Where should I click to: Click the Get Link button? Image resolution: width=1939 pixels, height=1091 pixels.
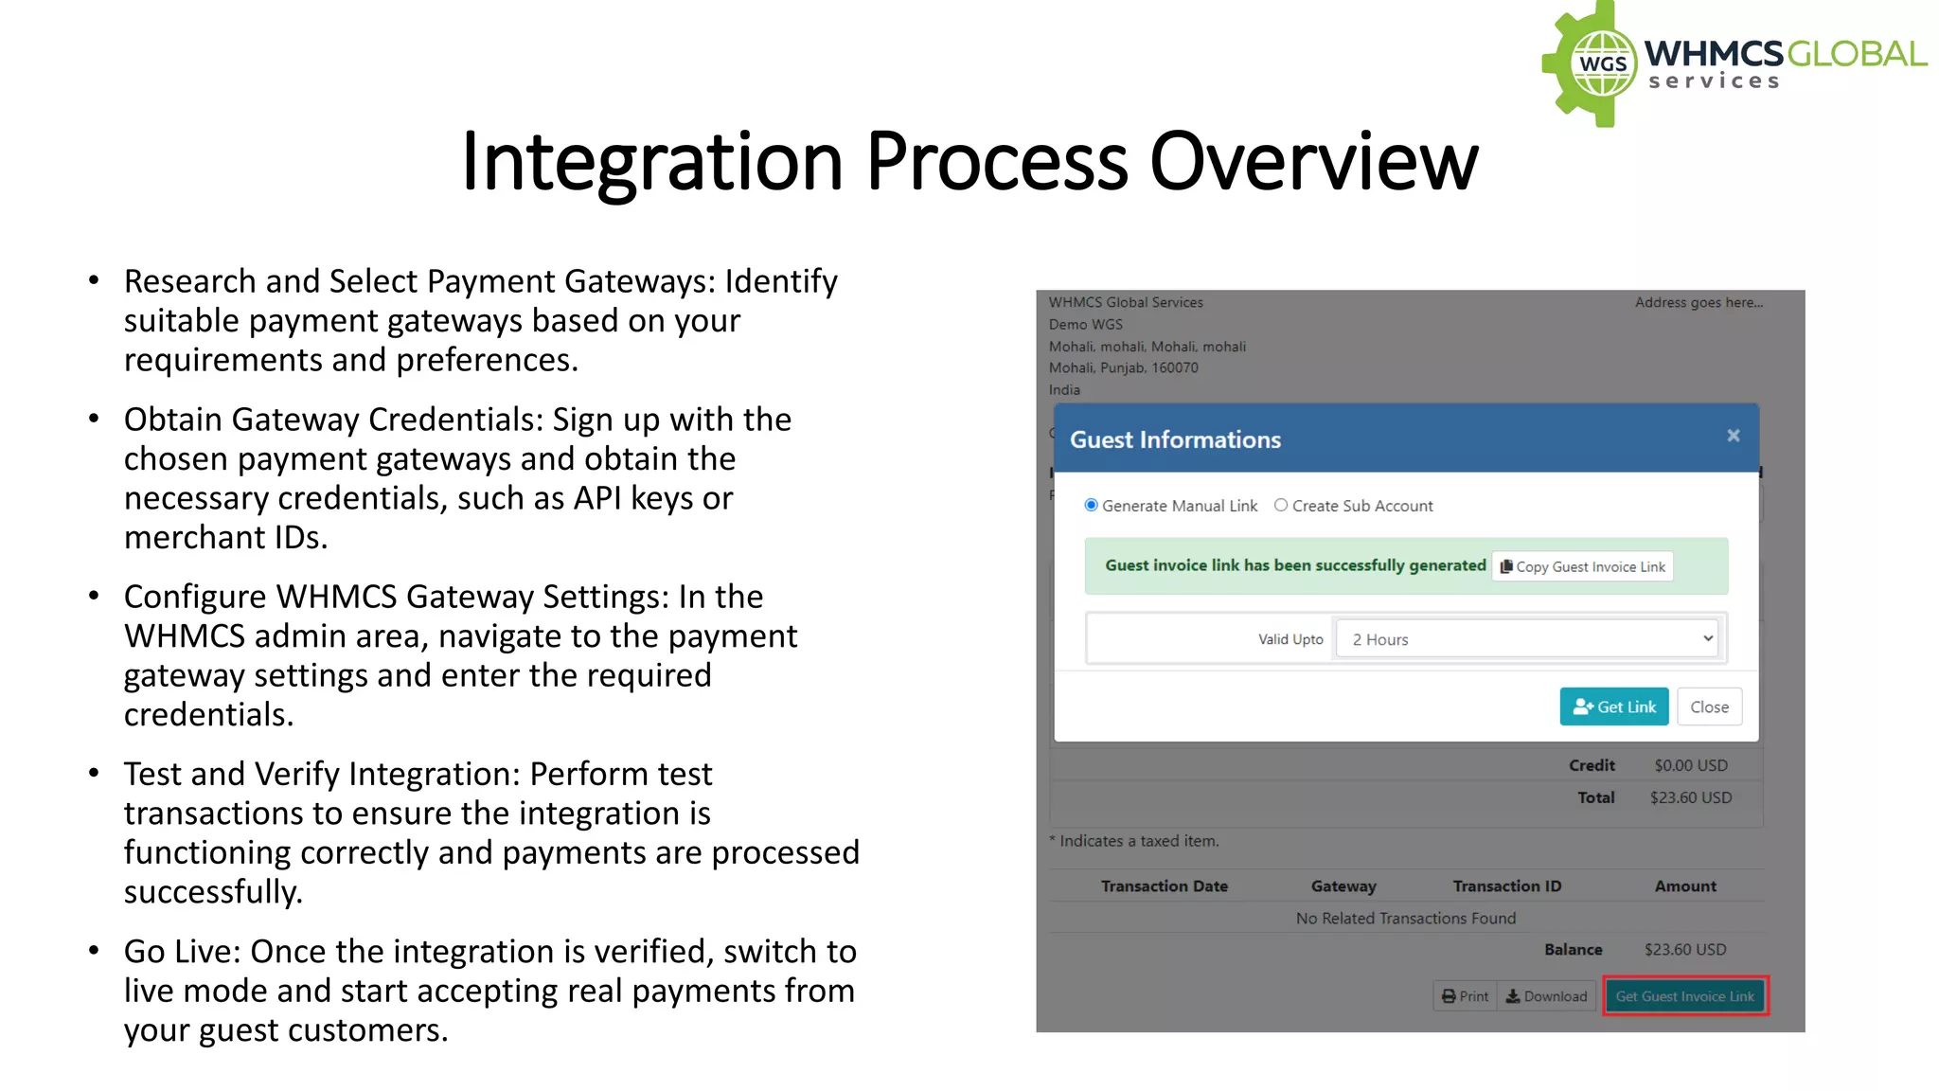(1613, 706)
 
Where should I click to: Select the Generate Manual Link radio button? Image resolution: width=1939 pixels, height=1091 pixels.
(1092, 506)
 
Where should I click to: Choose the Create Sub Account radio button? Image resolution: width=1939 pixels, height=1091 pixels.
(1281, 506)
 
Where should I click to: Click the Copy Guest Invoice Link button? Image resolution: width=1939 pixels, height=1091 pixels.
(1582, 566)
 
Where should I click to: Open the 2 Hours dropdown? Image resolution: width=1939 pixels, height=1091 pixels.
(1531, 639)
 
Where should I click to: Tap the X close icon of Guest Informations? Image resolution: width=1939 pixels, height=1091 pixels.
(1733, 436)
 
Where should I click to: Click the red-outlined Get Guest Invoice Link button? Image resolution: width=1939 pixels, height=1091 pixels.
(1684, 996)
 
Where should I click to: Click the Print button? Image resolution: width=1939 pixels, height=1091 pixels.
(1465, 996)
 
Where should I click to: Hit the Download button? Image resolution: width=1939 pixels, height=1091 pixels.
(1546, 996)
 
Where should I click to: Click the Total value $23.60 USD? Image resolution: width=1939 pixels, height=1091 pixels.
(1690, 797)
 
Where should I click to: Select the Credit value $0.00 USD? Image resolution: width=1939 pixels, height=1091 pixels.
(1690, 765)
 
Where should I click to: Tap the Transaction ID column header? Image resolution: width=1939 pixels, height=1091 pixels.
(1506, 886)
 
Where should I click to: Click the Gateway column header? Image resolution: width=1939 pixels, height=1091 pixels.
(1343, 886)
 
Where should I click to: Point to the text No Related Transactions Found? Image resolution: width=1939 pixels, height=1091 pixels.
(1405, 919)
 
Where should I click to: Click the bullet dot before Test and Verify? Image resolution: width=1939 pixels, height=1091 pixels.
(94, 774)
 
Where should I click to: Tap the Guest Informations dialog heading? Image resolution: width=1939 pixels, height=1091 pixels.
(1175, 439)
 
